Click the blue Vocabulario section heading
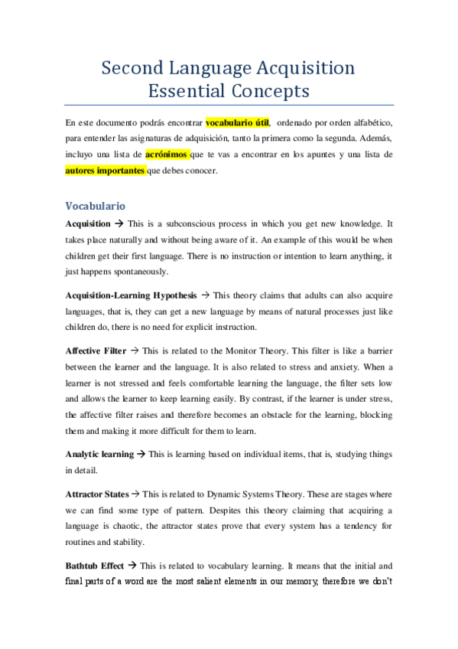point(96,206)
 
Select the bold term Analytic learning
point(99,454)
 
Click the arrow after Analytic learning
point(141,454)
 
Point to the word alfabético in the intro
point(368,122)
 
